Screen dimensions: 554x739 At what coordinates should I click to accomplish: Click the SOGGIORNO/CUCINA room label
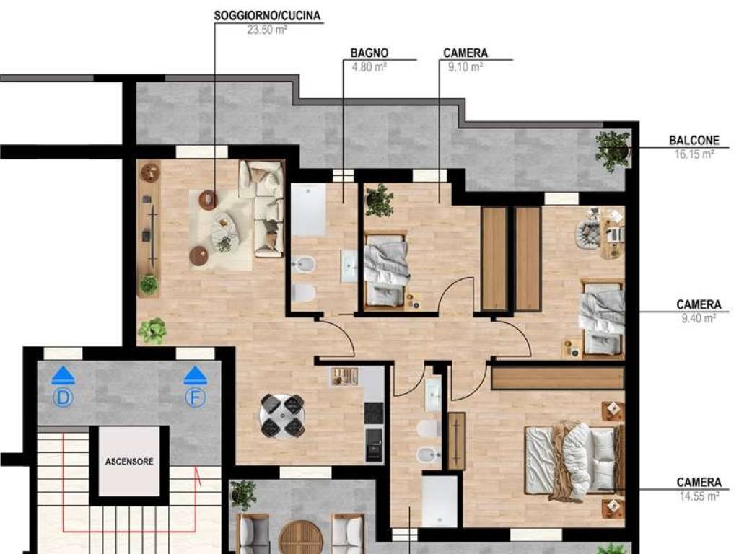(267, 15)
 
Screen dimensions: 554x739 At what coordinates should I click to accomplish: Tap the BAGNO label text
(369, 53)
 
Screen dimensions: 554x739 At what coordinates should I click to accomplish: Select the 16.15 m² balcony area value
(693, 154)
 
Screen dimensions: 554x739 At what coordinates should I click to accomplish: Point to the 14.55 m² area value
(698, 496)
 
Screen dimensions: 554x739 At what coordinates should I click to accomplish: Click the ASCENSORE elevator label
(129, 462)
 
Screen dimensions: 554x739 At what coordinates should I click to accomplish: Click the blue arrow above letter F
(195, 374)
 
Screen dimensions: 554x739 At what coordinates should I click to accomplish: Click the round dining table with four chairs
(282, 416)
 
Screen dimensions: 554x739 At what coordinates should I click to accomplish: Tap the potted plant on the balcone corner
(613, 149)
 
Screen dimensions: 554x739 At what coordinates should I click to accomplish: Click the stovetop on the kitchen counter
(373, 413)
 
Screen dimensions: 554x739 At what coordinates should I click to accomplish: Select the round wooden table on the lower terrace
(298, 537)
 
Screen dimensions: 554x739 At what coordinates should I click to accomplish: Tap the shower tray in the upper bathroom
(309, 210)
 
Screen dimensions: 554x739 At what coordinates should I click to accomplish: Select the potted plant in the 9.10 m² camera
(379, 200)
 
